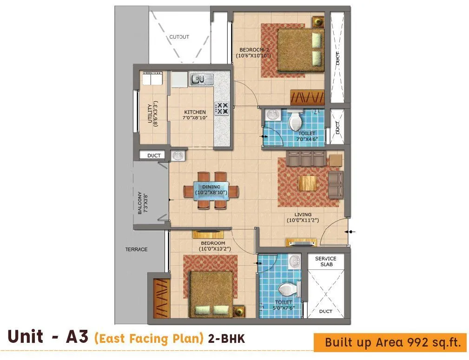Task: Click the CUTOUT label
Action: click(x=179, y=37)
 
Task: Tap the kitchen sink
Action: click(x=201, y=79)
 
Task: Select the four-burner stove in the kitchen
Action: click(x=222, y=109)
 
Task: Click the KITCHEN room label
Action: click(x=195, y=112)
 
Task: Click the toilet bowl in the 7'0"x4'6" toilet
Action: click(x=295, y=122)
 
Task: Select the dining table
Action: click(x=211, y=191)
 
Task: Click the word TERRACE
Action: click(x=136, y=249)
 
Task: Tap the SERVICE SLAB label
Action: click(x=326, y=262)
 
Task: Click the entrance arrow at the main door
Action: click(x=351, y=231)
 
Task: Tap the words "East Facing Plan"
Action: click(x=149, y=338)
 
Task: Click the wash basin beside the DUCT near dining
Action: click(x=177, y=156)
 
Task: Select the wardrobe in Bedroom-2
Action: click(x=307, y=97)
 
